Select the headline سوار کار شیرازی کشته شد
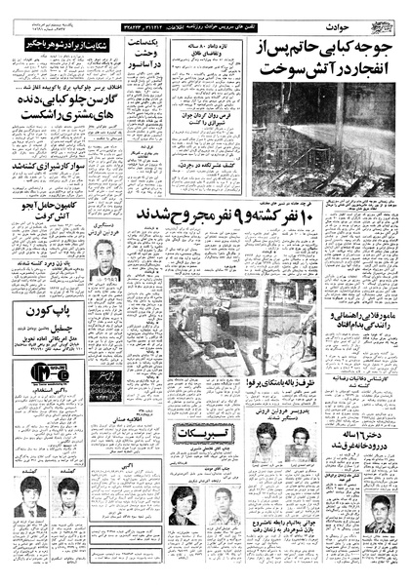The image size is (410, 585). click(47, 167)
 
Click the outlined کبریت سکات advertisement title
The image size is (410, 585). click(191, 436)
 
